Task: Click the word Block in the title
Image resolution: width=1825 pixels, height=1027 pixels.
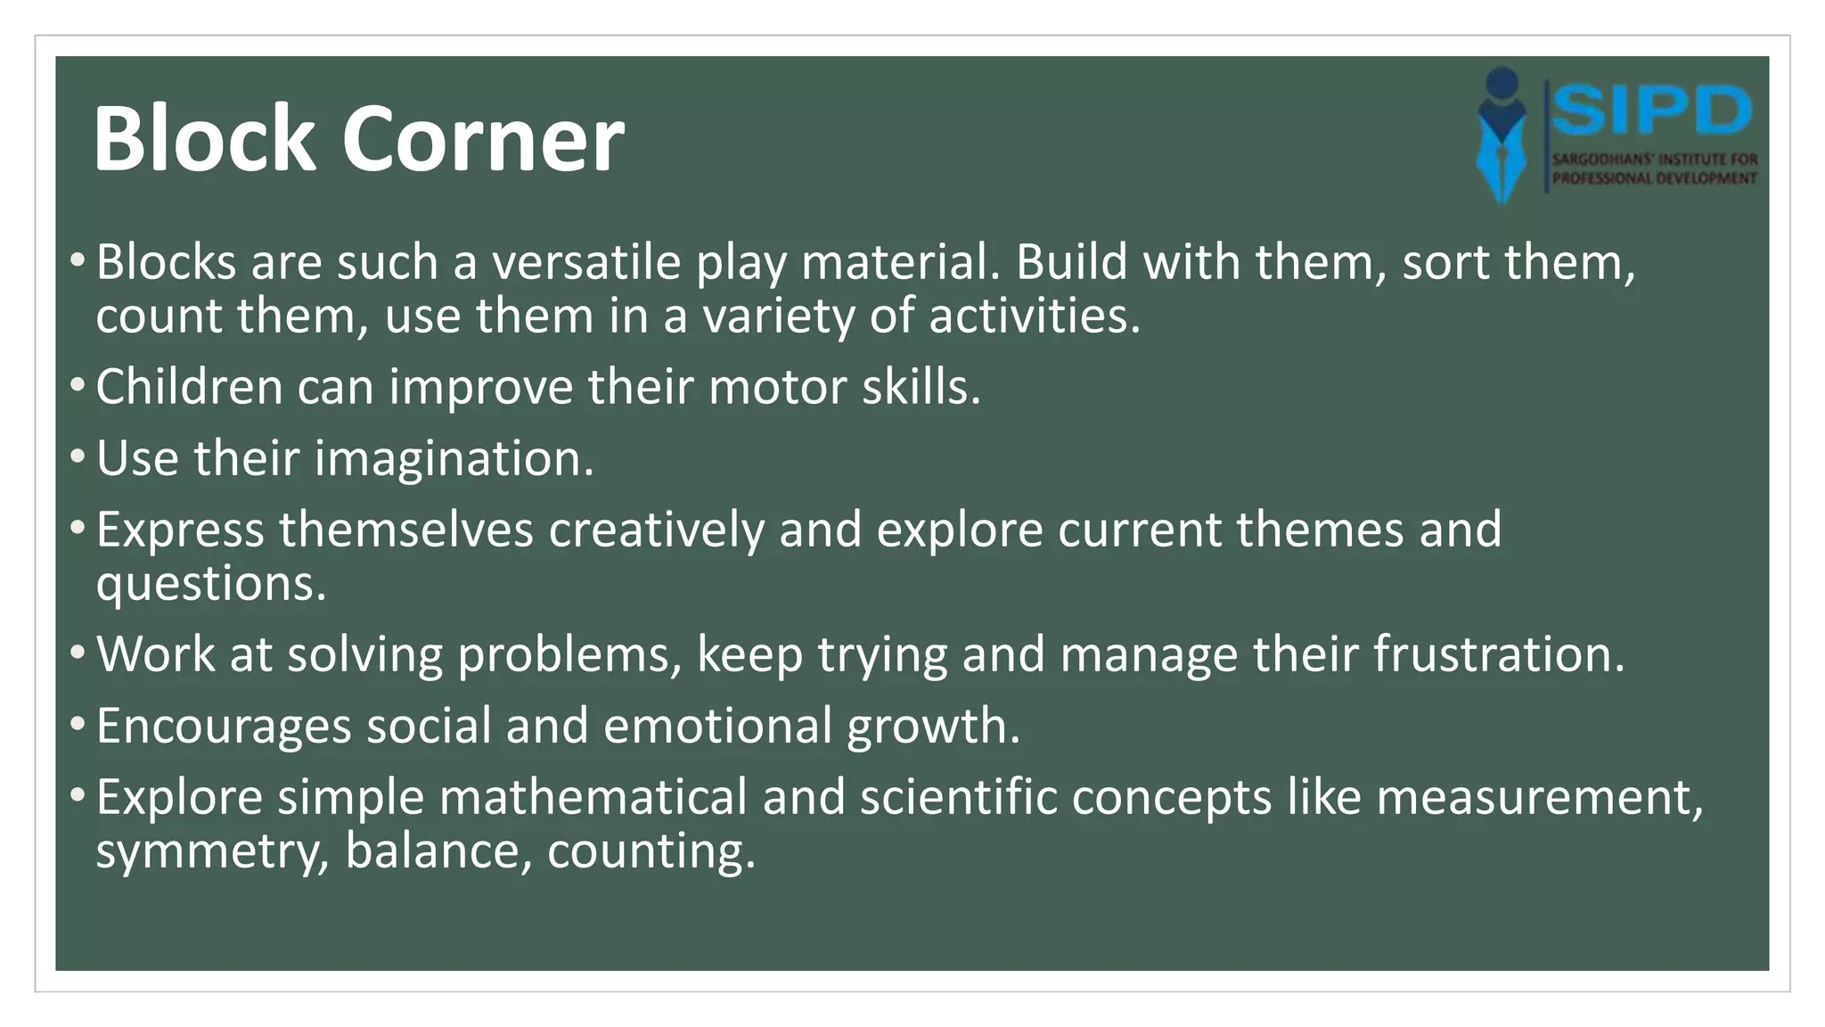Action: (204, 139)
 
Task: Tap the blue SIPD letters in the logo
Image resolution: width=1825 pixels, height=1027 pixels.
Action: (1651, 111)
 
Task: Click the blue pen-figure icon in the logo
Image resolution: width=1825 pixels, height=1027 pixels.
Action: (1502, 134)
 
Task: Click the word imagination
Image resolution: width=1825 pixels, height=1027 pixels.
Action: (454, 459)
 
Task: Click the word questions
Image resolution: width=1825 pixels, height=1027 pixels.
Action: (211, 585)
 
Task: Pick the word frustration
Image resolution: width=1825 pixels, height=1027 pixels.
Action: (1498, 655)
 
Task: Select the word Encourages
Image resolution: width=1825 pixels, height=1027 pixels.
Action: (224, 727)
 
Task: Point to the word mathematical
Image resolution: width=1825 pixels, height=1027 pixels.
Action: (593, 798)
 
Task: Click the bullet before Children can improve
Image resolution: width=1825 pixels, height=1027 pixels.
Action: (78, 386)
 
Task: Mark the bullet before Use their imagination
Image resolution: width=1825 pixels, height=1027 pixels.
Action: (78, 457)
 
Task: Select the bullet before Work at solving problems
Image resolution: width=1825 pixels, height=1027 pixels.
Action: (78, 653)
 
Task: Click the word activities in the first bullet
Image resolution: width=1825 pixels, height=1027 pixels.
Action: (1034, 316)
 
